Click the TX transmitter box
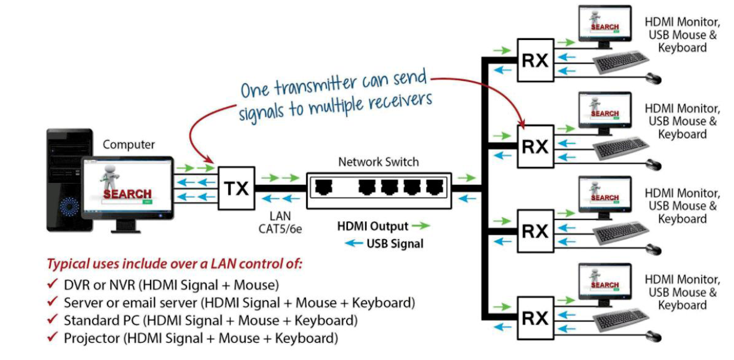point(236,188)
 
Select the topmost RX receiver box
point(536,60)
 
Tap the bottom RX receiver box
point(536,318)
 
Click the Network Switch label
point(378,161)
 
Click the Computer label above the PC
point(129,145)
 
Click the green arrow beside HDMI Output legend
point(421,226)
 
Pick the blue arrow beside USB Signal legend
point(354,243)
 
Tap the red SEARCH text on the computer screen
point(127,194)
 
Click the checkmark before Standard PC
point(53,320)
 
